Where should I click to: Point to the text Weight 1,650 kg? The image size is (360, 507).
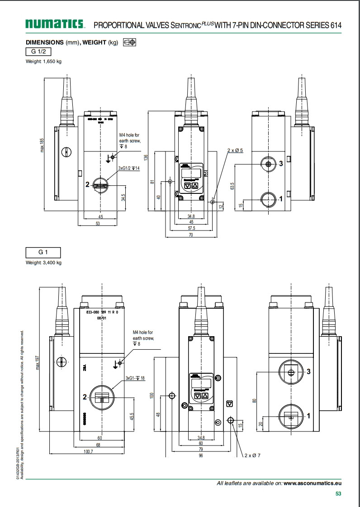pyautogui.click(x=43, y=61)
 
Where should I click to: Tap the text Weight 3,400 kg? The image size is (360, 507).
pyautogui.click(x=43, y=263)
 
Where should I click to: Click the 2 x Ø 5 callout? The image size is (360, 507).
pyautogui.click(x=235, y=150)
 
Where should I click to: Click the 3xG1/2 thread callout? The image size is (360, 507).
pyautogui.click(x=129, y=169)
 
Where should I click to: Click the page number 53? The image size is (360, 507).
pyautogui.click(x=338, y=494)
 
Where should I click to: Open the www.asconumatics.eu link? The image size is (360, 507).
pyautogui.click(x=313, y=483)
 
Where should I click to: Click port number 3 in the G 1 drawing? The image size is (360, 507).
pyautogui.click(x=308, y=371)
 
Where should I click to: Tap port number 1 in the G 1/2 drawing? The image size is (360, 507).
pyautogui.click(x=280, y=198)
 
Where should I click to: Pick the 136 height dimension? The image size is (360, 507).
pyautogui.click(x=146, y=157)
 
